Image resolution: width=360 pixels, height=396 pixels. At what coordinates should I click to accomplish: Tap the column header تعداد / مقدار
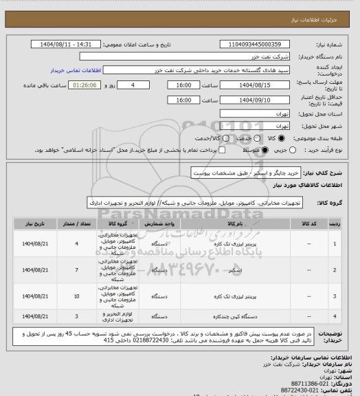click(x=76, y=223)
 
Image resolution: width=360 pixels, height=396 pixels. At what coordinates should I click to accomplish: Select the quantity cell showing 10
click(x=76, y=296)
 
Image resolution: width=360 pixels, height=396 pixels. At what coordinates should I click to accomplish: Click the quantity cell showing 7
click(x=76, y=270)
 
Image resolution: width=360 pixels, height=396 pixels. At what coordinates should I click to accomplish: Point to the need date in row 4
click(x=34, y=316)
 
